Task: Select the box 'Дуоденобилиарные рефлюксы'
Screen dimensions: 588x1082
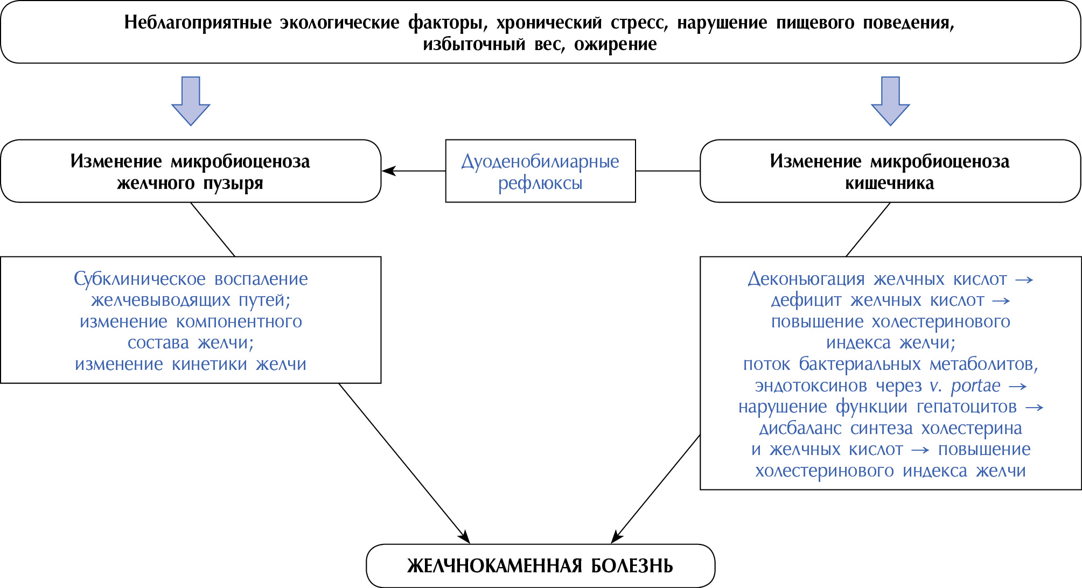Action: [540, 171]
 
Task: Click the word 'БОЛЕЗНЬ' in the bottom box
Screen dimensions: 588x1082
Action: [632, 566]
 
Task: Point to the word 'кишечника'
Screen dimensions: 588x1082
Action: [890, 183]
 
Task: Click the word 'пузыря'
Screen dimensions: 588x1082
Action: [233, 183]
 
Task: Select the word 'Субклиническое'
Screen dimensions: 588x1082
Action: [139, 279]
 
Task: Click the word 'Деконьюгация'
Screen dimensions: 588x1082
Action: [806, 279]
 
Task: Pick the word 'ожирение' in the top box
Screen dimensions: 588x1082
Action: [616, 44]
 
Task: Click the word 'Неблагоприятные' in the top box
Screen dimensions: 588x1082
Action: [198, 23]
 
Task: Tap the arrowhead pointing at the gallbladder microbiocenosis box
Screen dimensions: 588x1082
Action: [388, 171]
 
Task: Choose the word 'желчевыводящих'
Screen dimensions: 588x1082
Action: [160, 300]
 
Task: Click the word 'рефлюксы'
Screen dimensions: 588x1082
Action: [540, 183]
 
